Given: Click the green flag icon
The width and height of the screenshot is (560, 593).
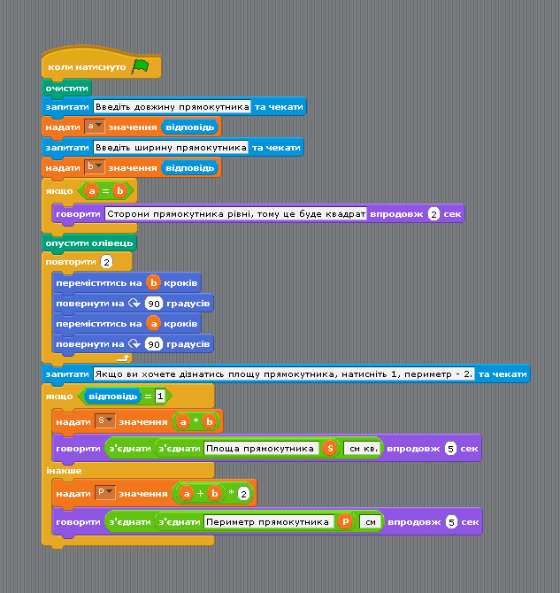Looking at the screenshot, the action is (141, 67).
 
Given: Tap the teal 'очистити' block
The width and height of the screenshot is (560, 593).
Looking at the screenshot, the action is (66, 89).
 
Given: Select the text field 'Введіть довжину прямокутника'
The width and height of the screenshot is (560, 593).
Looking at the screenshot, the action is (172, 106).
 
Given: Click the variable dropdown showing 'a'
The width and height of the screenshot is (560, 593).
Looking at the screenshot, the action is (94, 127).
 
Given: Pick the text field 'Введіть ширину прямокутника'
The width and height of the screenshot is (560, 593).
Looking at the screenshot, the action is (171, 147).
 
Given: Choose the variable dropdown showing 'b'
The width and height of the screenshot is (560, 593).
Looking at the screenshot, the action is (94, 166).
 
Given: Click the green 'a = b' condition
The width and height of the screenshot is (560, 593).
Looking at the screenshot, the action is (105, 190).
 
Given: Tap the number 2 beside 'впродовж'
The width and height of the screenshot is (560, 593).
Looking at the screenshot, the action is (433, 214).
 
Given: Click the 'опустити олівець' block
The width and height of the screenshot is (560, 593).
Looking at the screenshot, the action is (89, 243).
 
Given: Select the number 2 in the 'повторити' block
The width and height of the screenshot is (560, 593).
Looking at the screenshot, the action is (107, 262).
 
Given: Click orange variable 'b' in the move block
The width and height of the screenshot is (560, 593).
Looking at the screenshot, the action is (154, 282).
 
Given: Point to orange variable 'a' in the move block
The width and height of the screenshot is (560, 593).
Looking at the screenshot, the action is (154, 323).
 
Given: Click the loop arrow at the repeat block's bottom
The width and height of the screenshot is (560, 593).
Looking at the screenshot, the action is (123, 358).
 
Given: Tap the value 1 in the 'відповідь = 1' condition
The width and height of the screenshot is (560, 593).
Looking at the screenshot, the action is (160, 396).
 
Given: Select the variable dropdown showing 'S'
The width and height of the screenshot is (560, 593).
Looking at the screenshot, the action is (104, 421).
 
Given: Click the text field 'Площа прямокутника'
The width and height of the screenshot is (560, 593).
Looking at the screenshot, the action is (261, 449).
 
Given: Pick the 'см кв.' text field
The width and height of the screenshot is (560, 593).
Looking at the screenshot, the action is (363, 449).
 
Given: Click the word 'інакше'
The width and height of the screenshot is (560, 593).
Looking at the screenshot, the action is (64, 471).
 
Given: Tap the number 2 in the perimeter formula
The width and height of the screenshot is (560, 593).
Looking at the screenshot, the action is (244, 494).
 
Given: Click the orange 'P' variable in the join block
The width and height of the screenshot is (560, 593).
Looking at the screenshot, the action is (345, 522).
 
